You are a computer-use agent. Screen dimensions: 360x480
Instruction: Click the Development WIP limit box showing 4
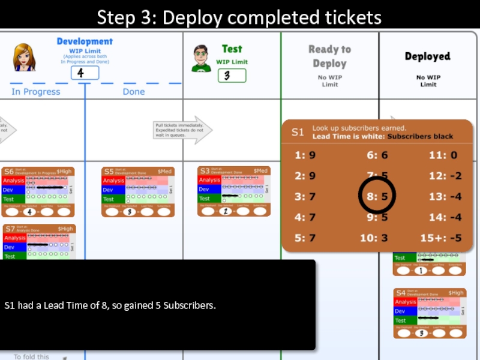point(85,73)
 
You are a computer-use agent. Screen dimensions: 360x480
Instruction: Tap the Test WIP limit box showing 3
point(232,76)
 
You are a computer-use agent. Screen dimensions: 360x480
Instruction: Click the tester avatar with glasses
point(201,58)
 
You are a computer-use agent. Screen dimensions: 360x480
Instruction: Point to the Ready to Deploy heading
point(329,56)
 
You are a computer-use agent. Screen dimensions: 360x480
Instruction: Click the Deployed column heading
point(427,56)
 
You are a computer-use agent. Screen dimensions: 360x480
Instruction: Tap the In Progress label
point(36,92)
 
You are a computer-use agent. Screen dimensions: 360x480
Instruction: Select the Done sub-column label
point(133,92)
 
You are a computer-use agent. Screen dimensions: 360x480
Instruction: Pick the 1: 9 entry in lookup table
point(305,155)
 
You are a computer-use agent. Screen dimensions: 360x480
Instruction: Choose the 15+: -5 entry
point(440,238)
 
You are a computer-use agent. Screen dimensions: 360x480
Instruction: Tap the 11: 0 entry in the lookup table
point(443,155)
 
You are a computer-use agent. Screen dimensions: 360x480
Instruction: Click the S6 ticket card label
point(9,172)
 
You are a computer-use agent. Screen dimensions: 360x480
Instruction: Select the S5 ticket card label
point(109,172)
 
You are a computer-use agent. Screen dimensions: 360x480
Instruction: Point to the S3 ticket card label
point(205,171)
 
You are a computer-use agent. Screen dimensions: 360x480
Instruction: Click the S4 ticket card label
point(401,293)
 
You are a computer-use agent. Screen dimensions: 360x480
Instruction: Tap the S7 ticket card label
point(10,229)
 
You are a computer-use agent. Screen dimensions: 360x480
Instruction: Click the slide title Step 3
point(239,17)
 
